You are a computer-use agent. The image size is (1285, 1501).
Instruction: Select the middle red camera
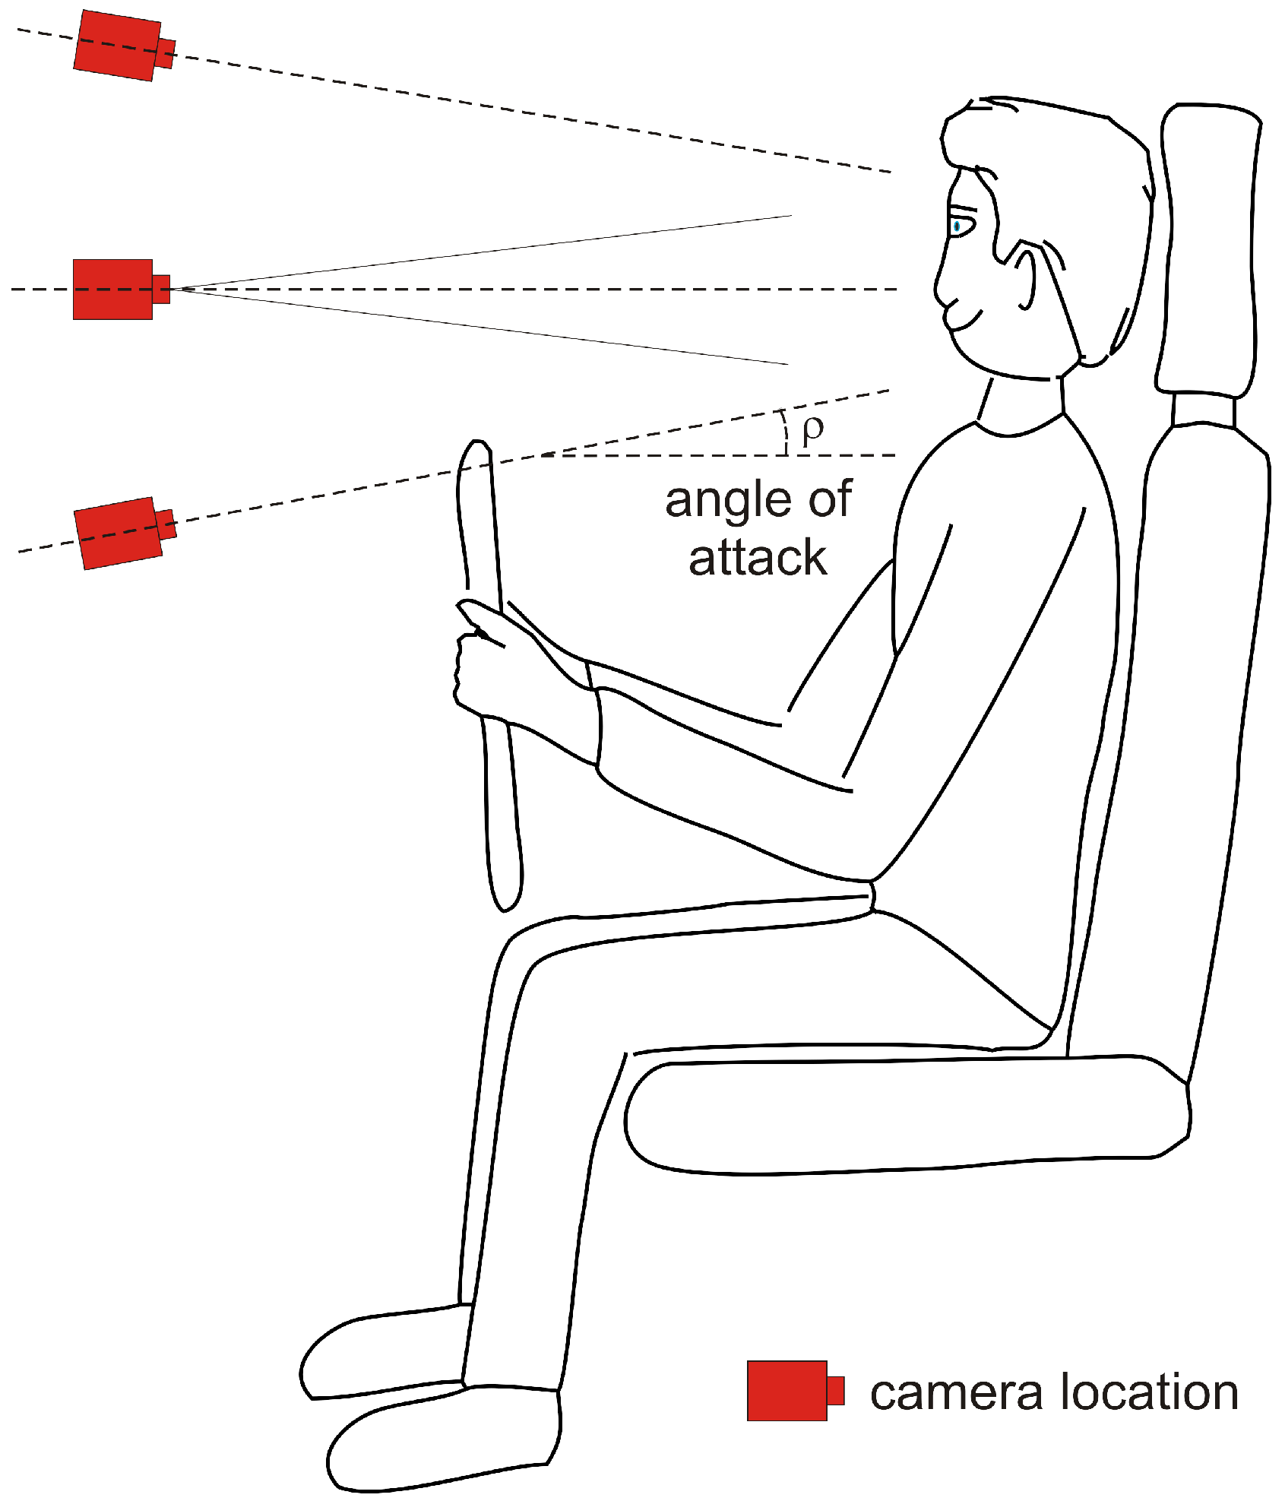coord(114,289)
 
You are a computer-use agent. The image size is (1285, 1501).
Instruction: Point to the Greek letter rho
coord(812,429)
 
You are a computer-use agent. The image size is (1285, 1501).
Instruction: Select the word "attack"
coord(758,559)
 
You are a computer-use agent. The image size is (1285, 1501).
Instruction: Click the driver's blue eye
coord(957,226)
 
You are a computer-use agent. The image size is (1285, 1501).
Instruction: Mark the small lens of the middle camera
coord(161,289)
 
